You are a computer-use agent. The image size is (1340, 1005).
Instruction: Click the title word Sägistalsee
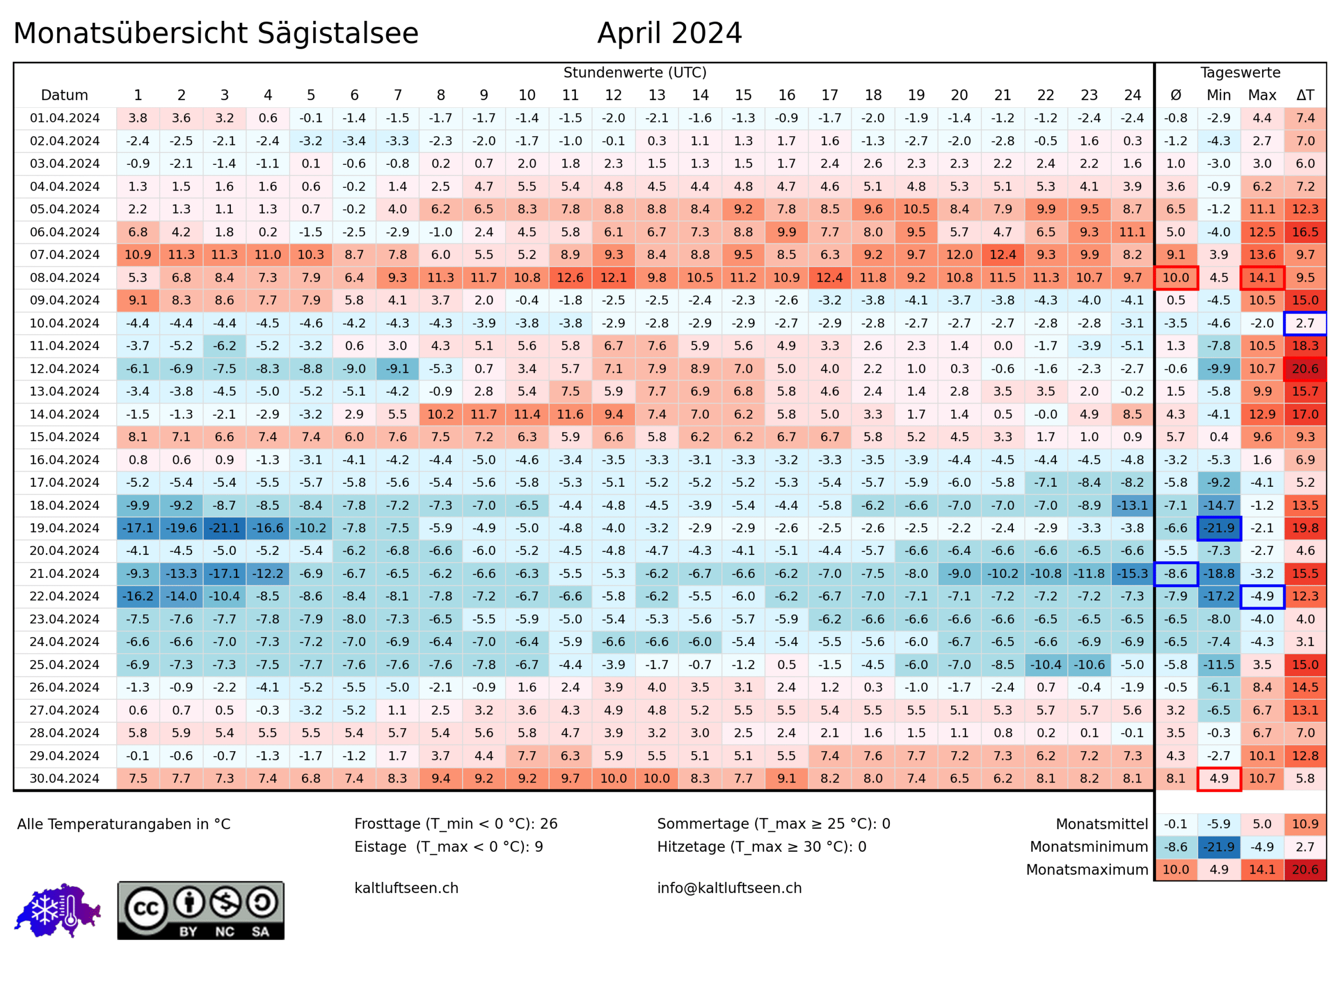tap(338, 33)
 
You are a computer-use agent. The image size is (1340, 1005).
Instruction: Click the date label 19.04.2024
tap(65, 528)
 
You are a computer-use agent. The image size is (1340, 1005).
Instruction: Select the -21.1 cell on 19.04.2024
tap(225, 528)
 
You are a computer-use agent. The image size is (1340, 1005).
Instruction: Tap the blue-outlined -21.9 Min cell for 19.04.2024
tap(1219, 528)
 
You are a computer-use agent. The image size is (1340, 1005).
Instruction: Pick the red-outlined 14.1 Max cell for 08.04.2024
tap(1262, 278)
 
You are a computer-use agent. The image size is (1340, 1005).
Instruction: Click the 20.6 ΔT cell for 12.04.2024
tap(1305, 369)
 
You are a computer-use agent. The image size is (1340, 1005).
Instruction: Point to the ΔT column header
tap(1305, 95)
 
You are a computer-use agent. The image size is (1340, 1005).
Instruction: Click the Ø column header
tap(1176, 95)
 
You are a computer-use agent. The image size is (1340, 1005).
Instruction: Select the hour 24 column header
tap(1132, 95)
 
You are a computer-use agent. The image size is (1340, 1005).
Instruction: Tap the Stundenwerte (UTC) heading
tap(635, 73)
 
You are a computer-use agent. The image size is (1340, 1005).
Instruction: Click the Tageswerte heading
tap(1241, 73)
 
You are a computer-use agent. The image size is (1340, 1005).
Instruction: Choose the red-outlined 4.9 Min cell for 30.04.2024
tap(1219, 778)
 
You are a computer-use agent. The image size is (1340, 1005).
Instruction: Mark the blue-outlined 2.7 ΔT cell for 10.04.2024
tap(1305, 323)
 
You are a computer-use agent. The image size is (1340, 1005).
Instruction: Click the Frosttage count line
tap(455, 824)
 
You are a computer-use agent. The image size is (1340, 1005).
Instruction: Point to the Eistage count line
tap(448, 847)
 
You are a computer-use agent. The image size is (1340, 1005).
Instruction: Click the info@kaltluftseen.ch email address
tap(729, 888)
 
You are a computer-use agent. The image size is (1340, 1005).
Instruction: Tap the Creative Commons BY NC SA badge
tap(200, 910)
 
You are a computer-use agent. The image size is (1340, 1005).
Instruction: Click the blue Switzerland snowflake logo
tap(58, 910)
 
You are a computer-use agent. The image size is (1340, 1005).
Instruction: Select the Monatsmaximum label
tap(1087, 870)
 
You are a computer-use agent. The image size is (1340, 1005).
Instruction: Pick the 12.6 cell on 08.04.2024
tap(570, 278)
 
